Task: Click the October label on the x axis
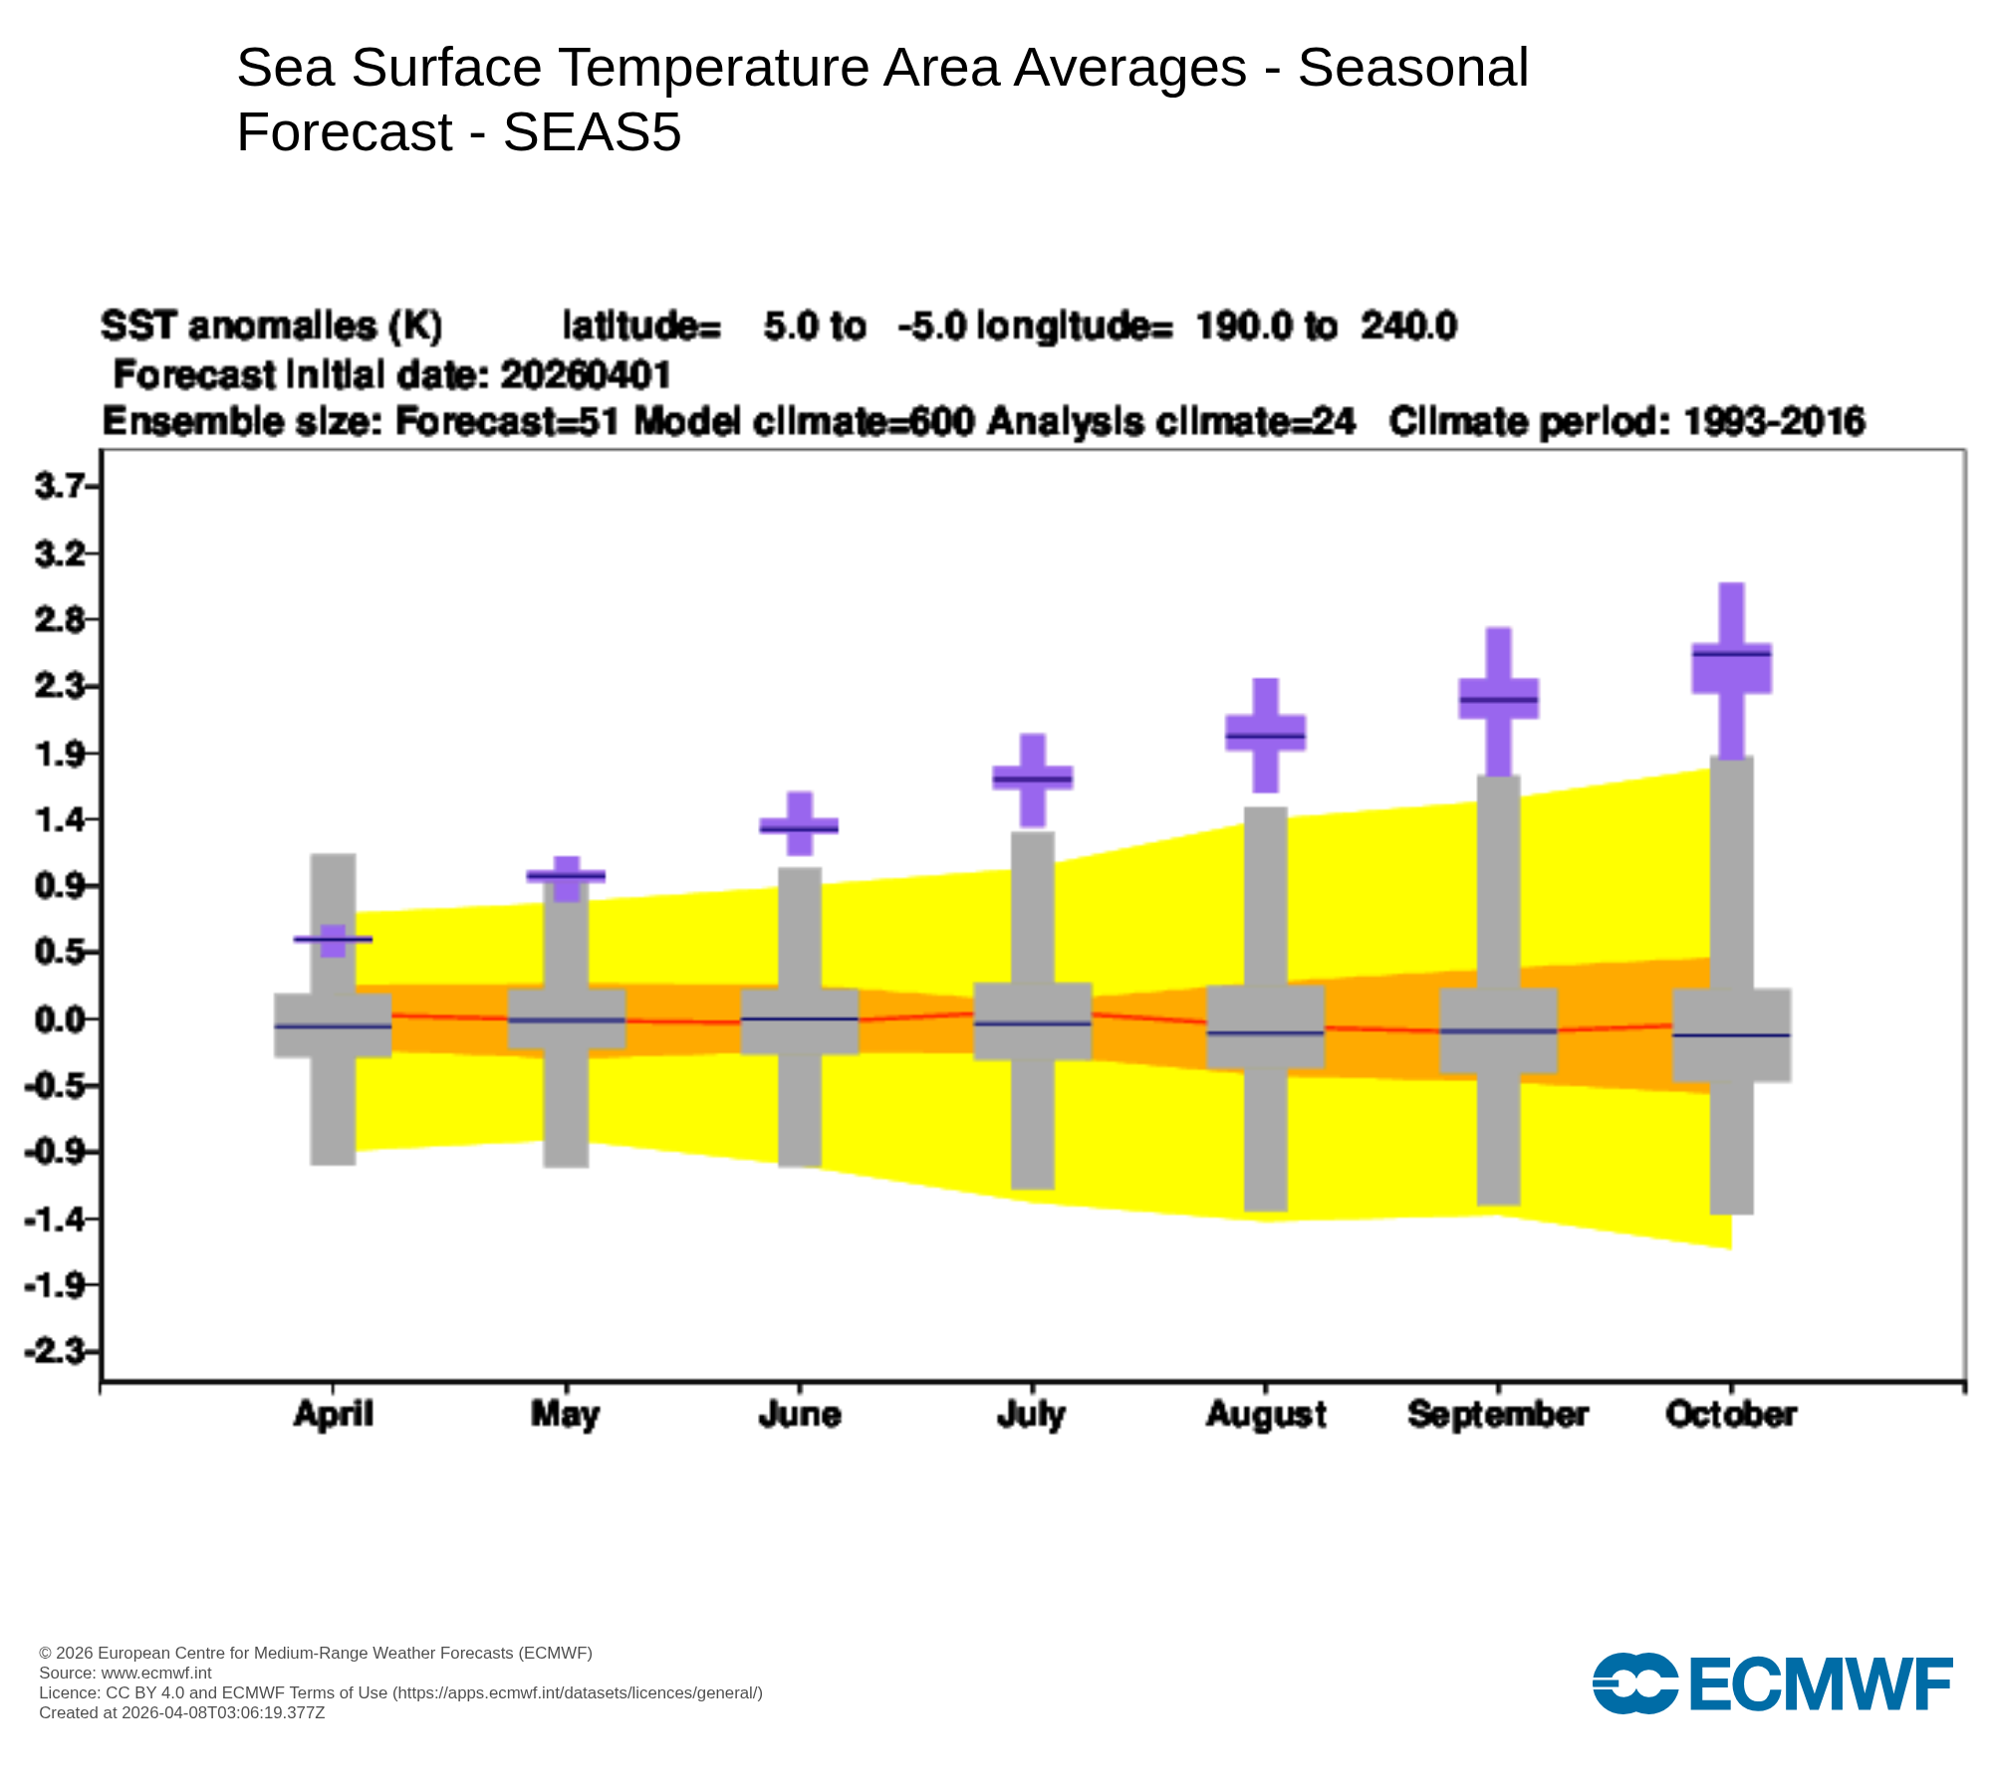pyautogui.click(x=1730, y=1414)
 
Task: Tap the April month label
pyautogui.click(x=333, y=1414)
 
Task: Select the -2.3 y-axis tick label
pyautogui.click(x=55, y=1351)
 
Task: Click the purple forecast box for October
pyautogui.click(x=1731, y=668)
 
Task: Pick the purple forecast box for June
pyautogui.click(x=799, y=825)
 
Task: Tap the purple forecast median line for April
pyautogui.click(x=333, y=939)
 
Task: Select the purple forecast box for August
pyautogui.click(x=1265, y=733)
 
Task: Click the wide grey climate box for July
pyautogui.click(x=1033, y=1021)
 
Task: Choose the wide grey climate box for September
pyautogui.click(x=1498, y=1030)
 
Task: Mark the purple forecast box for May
pyautogui.click(x=566, y=876)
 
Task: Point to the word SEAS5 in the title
pyautogui.click(x=592, y=132)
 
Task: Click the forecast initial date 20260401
pyautogui.click(x=586, y=375)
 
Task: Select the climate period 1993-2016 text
pyautogui.click(x=1773, y=422)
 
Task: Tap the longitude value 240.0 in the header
pyautogui.click(x=1408, y=326)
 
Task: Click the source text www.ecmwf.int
pyautogui.click(x=156, y=1673)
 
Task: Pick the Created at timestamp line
pyautogui.click(x=181, y=1712)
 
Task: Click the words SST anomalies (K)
pyautogui.click(x=272, y=326)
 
